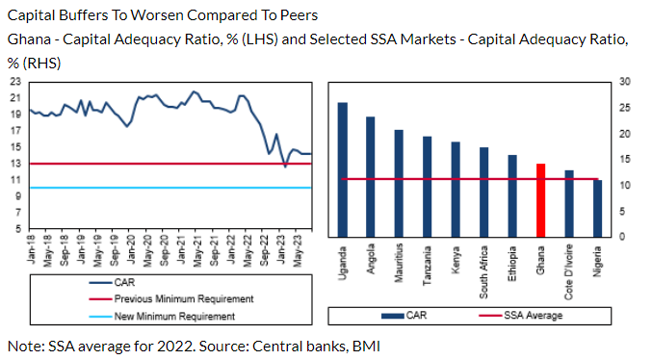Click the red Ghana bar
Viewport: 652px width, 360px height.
point(540,200)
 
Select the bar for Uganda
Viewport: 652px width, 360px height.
point(342,169)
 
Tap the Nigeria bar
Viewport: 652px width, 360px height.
point(597,208)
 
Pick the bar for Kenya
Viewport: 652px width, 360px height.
point(456,190)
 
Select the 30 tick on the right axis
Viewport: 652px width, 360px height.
point(624,81)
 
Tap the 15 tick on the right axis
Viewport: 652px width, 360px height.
point(624,159)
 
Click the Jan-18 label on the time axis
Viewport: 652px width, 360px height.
point(33,253)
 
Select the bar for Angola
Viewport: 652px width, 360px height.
point(371,176)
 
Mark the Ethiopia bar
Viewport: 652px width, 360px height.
point(512,195)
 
